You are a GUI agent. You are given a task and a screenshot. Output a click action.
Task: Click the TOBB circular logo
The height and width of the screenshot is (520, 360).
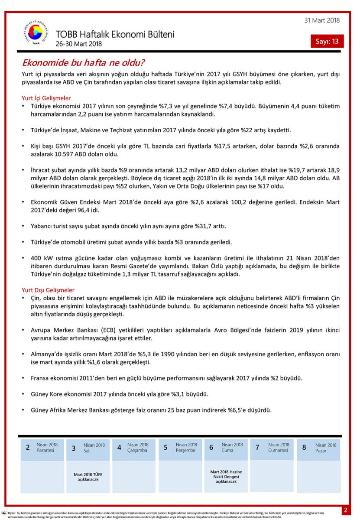(x=36, y=34)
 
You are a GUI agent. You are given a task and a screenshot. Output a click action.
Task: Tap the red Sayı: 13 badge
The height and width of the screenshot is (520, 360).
(x=327, y=41)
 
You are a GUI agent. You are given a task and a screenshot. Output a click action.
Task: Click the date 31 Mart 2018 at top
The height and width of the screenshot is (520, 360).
(x=322, y=20)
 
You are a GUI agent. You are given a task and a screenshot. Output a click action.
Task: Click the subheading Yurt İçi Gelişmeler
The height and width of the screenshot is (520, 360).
(x=46, y=98)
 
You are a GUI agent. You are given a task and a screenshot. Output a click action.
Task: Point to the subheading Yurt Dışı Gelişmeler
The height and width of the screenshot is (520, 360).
(x=48, y=290)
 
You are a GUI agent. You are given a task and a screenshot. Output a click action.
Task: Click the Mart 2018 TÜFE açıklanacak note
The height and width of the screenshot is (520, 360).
(x=88, y=477)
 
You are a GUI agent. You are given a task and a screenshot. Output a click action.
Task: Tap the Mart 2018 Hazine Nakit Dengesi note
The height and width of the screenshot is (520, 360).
(x=226, y=476)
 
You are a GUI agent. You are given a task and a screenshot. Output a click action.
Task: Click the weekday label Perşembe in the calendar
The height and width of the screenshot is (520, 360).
(x=185, y=450)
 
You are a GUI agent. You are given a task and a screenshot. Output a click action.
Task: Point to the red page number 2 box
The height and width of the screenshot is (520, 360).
(x=346, y=510)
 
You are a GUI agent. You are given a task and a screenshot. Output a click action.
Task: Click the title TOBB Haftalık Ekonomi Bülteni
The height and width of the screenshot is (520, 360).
(x=115, y=34)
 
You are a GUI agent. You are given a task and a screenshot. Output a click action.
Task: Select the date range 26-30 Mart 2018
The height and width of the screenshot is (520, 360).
(x=78, y=44)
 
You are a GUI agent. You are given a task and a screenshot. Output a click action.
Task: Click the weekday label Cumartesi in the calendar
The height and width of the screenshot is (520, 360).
(x=278, y=450)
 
